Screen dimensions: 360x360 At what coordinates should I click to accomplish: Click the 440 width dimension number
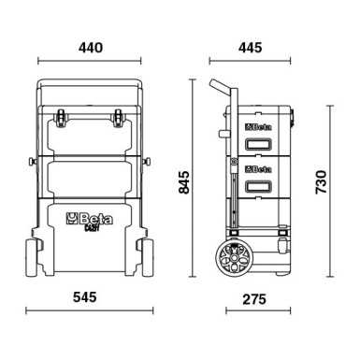pos(88,45)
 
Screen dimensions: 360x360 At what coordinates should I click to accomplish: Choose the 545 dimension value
pos(87,296)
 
